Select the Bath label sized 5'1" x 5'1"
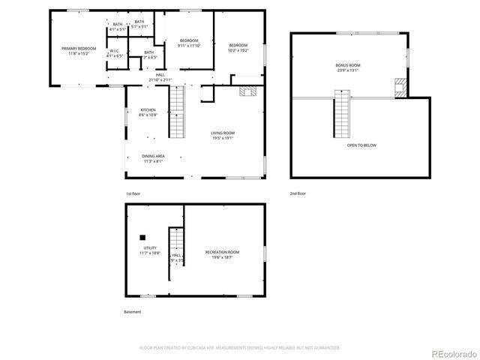(x=139, y=24)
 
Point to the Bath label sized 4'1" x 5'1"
(x=117, y=27)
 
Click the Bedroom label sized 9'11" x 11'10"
(x=188, y=43)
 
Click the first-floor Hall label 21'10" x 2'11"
(x=160, y=77)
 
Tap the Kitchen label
(x=148, y=112)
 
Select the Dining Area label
(x=153, y=158)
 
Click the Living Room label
(x=223, y=136)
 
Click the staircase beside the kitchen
(x=177, y=112)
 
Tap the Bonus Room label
(x=347, y=67)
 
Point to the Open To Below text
(x=361, y=145)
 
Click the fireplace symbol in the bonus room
(x=400, y=87)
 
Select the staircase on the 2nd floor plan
(x=342, y=113)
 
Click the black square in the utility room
(x=141, y=235)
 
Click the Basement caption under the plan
(x=132, y=312)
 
